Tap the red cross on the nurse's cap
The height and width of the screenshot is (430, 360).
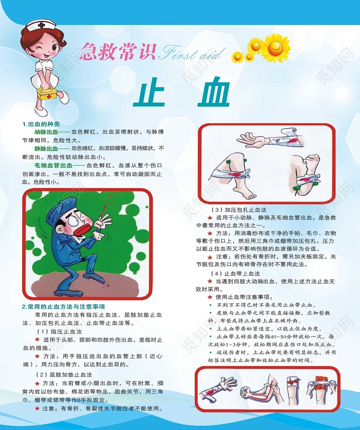(x=41, y=25)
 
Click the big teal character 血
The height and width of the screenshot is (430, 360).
(x=213, y=93)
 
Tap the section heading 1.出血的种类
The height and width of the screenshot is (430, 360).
(x=41, y=124)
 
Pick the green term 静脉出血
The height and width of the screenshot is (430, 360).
(x=46, y=148)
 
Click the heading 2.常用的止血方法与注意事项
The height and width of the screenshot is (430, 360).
(x=63, y=307)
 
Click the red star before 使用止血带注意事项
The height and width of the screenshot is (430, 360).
(x=210, y=297)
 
